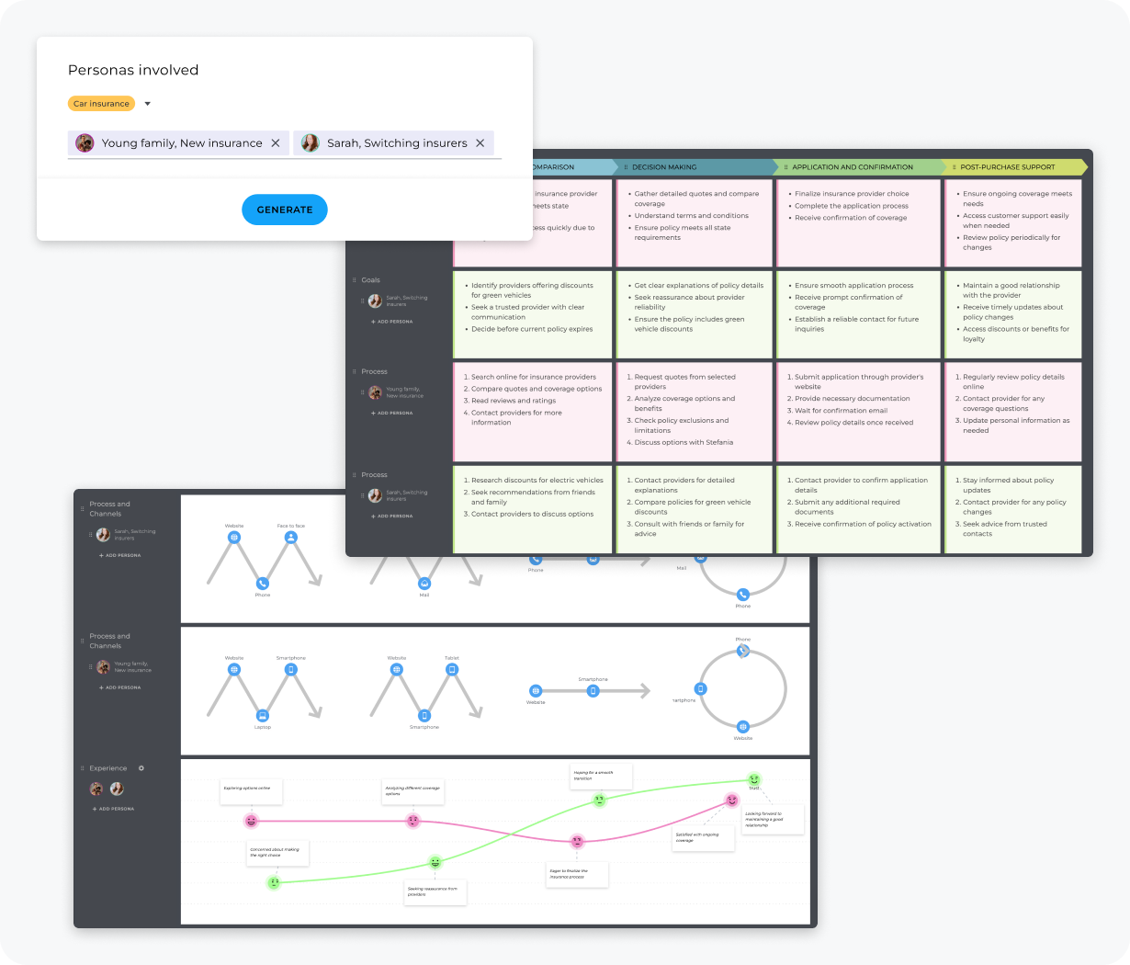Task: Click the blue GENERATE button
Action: coord(284,210)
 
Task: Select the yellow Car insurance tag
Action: coord(101,104)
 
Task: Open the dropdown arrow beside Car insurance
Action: coord(148,104)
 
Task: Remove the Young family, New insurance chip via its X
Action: coord(276,143)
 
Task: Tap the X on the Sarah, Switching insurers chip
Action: coord(480,143)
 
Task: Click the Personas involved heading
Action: coord(133,70)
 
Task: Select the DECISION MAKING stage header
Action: coord(664,167)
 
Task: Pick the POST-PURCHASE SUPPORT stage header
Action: coord(1007,167)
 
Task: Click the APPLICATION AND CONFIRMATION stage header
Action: coord(853,167)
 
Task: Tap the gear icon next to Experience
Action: coord(141,768)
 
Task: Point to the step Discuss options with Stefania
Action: coord(684,442)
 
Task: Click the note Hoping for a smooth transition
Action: coord(601,776)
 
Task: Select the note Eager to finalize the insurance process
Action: coord(576,874)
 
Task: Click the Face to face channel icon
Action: coord(290,538)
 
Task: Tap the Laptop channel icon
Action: coord(262,715)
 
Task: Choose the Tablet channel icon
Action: coord(451,670)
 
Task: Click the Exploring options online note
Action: coord(251,790)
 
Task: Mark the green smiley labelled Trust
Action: coord(754,779)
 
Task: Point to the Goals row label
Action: coord(370,280)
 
